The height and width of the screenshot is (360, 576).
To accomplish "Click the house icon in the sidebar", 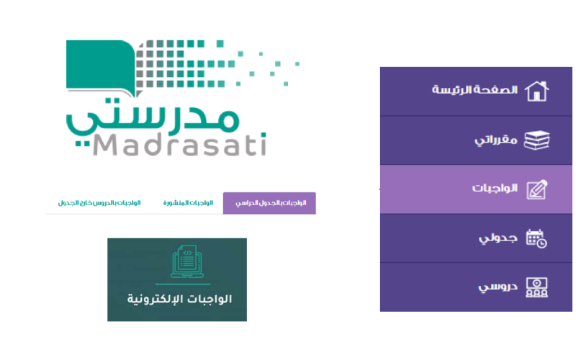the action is click(x=536, y=91).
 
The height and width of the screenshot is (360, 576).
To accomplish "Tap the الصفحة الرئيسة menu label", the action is click(x=474, y=89).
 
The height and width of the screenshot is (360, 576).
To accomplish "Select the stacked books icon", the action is click(x=536, y=140).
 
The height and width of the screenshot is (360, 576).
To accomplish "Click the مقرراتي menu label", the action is click(x=496, y=140).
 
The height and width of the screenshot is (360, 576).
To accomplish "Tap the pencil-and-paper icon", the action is click(x=537, y=189).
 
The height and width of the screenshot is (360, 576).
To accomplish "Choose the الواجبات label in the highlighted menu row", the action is click(x=495, y=188).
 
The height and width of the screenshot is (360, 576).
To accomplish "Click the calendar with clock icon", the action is click(x=536, y=238).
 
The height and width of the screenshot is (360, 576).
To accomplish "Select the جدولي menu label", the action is click(x=498, y=238).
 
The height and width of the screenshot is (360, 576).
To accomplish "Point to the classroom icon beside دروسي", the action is click(x=536, y=287).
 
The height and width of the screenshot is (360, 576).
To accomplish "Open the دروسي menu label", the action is click(x=498, y=287).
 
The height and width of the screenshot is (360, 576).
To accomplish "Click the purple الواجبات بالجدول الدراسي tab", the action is click(x=269, y=203).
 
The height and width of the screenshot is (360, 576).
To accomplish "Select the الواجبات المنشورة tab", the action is click(x=188, y=203).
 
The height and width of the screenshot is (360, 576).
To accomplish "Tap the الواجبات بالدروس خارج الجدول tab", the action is click(x=99, y=203).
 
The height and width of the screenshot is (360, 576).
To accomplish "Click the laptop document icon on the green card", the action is click(x=187, y=261).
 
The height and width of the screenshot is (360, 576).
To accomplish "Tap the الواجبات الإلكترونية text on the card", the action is click(x=179, y=299).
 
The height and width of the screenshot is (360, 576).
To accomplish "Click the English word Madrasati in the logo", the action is click(x=179, y=145).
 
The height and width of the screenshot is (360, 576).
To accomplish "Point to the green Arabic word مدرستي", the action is click(x=153, y=120).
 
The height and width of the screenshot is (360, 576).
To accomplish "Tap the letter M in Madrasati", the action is click(x=105, y=145).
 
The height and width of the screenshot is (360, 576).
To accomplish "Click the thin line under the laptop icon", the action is click(x=183, y=284).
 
